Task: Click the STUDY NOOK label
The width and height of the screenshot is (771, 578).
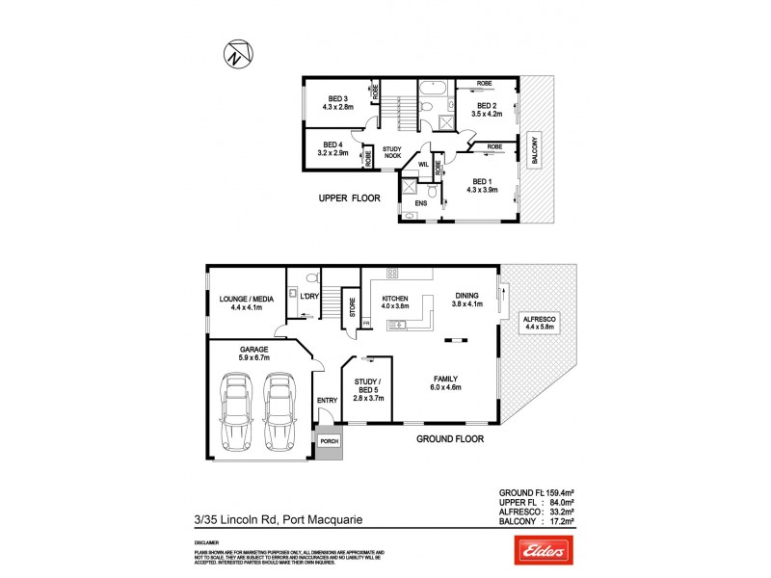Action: (x=392, y=152)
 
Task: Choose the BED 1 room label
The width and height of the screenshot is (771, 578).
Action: (x=482, y=185)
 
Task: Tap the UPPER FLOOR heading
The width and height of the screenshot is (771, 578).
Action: (x=350, y=198)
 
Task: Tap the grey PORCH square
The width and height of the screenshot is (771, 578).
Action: (x=329, y=443)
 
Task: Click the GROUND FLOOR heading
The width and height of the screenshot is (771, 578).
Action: (x=449, y=438)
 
